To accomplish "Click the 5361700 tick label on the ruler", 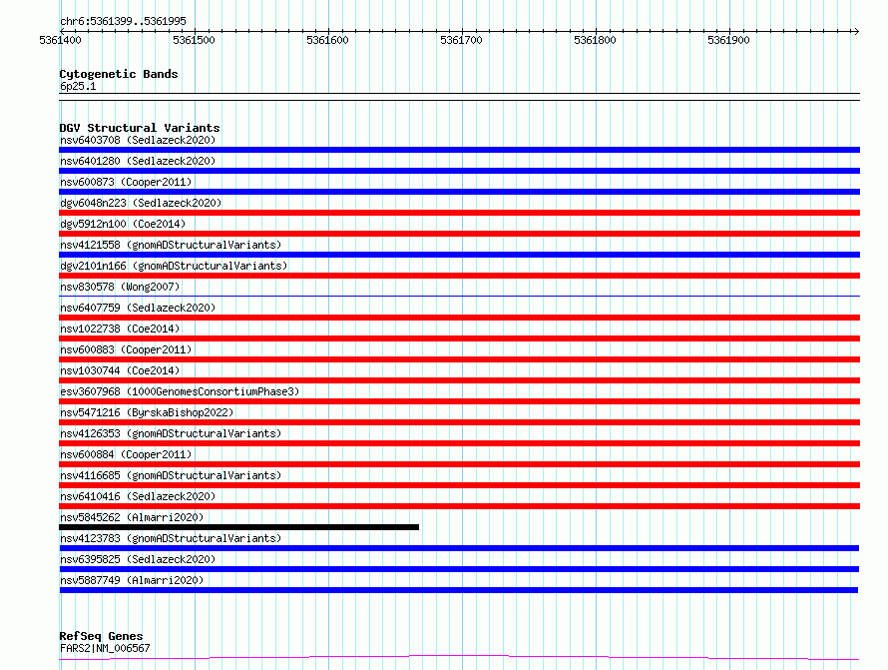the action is tap(461, 40).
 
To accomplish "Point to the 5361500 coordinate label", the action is tap(194, 40).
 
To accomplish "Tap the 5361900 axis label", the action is tap(728, 40).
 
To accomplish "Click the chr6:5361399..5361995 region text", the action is tap(123, 21).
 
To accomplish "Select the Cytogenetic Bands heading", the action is tap(119, 74).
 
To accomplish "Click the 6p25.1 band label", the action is tap(78, 86).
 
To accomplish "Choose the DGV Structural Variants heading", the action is tap(140, 128).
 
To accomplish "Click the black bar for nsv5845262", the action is tap(239, 527).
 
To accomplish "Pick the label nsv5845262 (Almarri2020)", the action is tap(132, 517).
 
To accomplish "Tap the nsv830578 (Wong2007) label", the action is tap(120, 287).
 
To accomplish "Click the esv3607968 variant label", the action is tap(90, 391).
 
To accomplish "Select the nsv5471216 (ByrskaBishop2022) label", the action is tap(147, 412).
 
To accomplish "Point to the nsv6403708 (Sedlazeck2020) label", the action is tap(138, 140).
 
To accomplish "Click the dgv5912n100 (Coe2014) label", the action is tap(123, 224).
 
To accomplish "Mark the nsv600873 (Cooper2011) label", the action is tap(126, 182).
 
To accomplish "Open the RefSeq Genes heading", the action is tap(101, 636).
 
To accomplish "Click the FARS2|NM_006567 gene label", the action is tap(105, 648).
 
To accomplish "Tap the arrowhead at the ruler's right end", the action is tap(856, 31).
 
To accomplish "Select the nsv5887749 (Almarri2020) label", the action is tap(132, 580).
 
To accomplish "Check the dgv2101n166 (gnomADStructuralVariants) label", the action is tap(174, 266).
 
